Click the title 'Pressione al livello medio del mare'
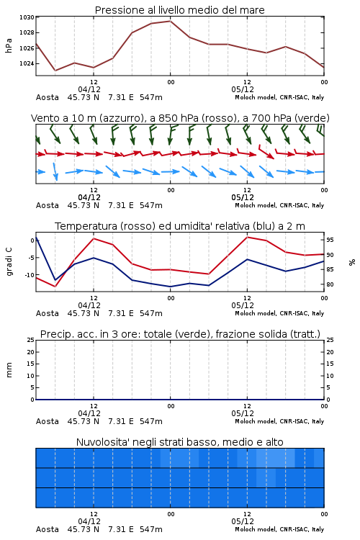tap(179, 10)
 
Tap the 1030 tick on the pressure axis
tap(27, 17)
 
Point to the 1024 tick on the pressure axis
tap(27, 63)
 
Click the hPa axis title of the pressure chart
tap(9, 45)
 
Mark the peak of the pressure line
tap(170, 21)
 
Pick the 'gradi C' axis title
tap(9, 262)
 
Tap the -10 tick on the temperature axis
tap(29, 275)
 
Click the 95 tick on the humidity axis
tap(330, 240)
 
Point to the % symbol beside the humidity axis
tap(352, 262)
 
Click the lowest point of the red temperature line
tap(55, 286)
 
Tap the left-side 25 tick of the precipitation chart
tap(31, 340)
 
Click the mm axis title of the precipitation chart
tap(9, 370)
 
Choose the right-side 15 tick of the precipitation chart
tap(330, 364)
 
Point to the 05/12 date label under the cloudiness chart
tap(243, 521)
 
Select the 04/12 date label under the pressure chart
tap(89, 89)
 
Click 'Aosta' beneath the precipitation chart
tap(48, 421)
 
